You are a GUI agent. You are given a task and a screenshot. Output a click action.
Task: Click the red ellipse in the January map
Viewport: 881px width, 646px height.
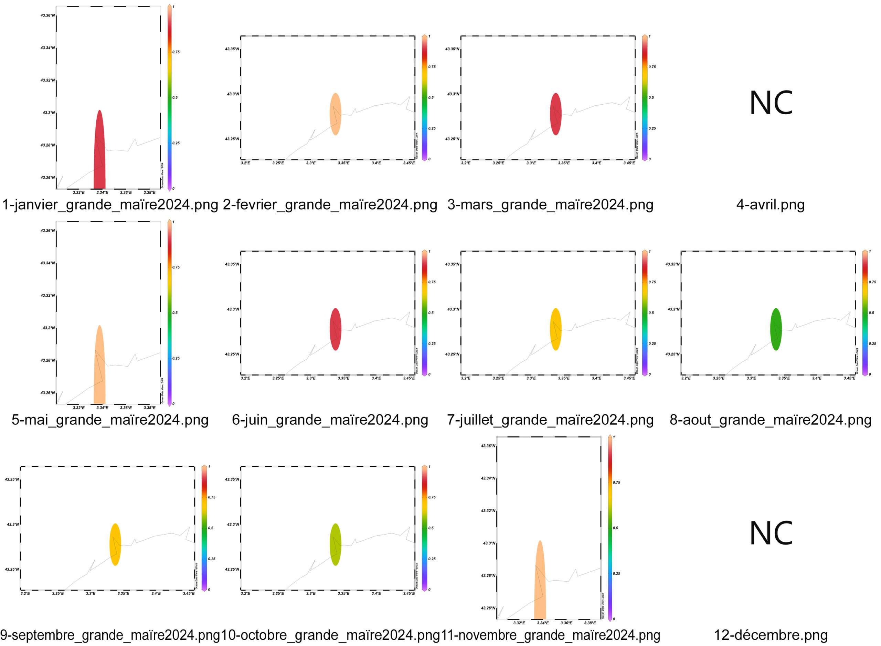(x=100, y=152)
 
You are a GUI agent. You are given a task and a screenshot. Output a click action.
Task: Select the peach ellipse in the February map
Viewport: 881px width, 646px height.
(x=336, y=114)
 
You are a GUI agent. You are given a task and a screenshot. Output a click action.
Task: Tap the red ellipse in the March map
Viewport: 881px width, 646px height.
(x=556, y=114)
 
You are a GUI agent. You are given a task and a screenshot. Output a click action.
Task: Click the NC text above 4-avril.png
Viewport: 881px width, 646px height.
(x=771, y=103)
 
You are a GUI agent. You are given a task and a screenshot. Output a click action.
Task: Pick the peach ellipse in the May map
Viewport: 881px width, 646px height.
(x=100, y=368)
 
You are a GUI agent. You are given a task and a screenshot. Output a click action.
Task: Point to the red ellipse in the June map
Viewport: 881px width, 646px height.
(x=336, y=329)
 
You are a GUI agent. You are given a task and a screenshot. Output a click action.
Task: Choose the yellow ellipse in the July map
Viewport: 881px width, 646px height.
(x=556, y=329)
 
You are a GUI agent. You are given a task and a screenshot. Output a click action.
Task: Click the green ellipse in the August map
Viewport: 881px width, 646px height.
(x=776, y=329)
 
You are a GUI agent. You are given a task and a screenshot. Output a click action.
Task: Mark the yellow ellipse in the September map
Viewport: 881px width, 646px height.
(x=115, y=544)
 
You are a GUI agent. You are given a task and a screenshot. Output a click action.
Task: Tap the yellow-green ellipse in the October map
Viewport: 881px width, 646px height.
(x=336, y=544)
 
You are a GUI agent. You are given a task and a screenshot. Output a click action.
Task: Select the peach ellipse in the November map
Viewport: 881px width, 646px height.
(x=540, y=583)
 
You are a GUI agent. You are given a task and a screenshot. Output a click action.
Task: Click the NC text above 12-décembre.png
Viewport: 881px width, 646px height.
(x=771, y=533)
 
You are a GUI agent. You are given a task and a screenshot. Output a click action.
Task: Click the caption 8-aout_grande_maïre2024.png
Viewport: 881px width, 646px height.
(x=770, y=420)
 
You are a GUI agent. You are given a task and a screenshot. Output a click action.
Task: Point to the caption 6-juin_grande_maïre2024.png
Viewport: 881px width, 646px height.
(x=330, y=420)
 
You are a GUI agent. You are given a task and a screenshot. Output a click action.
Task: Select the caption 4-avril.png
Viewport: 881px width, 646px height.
(x=770, y=205)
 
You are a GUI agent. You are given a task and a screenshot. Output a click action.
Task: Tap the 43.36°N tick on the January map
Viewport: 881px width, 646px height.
(x=48, y=15)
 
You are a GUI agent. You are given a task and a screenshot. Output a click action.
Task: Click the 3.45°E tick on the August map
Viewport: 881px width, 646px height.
(x=849, y=379)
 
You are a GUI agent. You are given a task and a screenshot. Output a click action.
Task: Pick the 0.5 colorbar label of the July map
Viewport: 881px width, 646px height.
(x=651, y=313)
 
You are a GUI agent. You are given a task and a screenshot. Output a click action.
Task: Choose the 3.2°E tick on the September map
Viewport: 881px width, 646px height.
(x=25, y=594)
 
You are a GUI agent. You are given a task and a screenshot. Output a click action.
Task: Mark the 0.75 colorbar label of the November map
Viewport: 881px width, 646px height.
(x=617, y=483)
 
